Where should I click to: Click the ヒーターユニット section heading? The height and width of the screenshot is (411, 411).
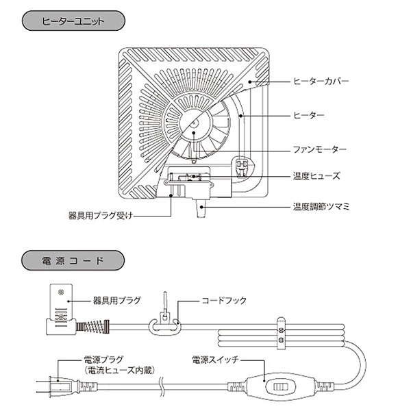[73, 21]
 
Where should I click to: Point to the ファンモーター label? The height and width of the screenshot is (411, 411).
[319, 149]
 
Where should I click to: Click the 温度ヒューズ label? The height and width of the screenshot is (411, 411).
[316, 175]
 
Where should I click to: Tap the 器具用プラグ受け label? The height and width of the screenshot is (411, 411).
[99, 214]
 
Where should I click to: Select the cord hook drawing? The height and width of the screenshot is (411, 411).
[166, 316]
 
